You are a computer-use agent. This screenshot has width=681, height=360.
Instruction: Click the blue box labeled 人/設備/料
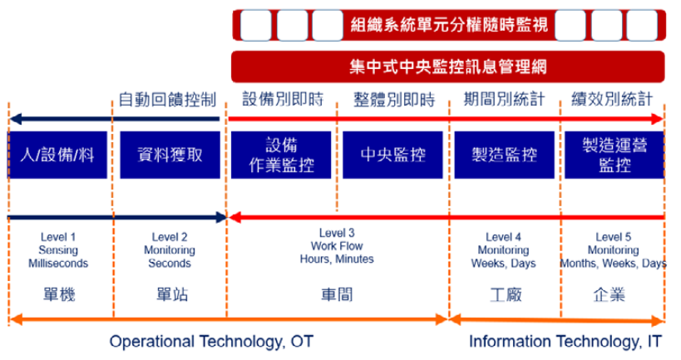coord(57,155)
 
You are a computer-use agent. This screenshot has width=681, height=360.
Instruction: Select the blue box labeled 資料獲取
coord(170,155)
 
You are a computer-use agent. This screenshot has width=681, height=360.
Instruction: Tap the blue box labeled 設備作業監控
coord(281,155)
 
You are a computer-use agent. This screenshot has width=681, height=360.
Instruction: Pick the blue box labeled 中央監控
coord(392,155)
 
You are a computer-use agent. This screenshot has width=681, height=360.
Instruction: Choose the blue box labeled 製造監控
coord(504,155)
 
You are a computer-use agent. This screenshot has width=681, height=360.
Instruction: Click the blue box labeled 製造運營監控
coord(614,155)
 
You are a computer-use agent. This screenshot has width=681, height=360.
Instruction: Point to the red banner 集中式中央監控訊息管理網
coord(448,67)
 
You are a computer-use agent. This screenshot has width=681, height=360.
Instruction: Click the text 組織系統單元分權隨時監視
coord(449,25)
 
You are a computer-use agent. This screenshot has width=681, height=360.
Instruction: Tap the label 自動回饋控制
coord(167,100)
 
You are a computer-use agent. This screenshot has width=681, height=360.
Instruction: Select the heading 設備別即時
coord(283,99)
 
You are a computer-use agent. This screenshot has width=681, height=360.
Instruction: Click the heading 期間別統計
coord(504,99)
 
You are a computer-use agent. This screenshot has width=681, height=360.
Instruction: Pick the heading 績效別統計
coord(612,99)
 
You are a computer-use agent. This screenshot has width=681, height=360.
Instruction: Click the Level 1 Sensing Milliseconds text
coord(58,250)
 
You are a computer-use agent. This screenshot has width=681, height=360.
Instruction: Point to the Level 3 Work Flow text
coord(337,246)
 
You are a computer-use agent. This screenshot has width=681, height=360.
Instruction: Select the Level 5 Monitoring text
coord(614,250)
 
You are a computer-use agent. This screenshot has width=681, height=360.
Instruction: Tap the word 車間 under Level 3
coord(337,294)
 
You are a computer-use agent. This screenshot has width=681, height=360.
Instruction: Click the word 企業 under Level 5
coord(609,294)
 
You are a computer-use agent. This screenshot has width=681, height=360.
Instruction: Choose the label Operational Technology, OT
coord(211,342)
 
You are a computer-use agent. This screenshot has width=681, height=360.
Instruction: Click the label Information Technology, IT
coord(565,342)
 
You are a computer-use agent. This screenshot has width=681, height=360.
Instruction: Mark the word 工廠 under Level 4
coord(506,294)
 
